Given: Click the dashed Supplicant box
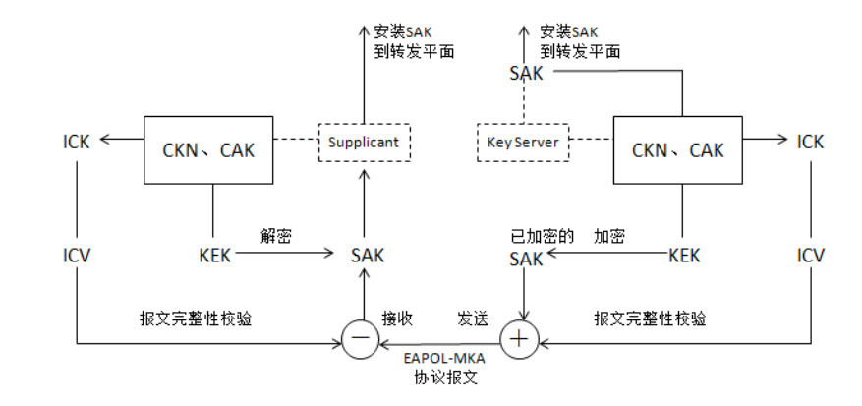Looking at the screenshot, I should [364, 143].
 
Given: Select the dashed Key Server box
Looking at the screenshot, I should [523, 143].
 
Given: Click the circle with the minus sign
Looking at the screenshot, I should [360, 339].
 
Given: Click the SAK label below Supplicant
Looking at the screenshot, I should [368, 256].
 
